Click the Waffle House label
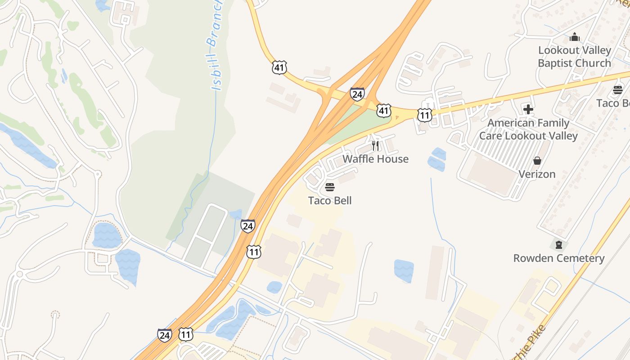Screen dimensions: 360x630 click(375, 159)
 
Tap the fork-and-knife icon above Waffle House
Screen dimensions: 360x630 click(375, 145)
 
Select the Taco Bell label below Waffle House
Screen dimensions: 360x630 click(330, 200)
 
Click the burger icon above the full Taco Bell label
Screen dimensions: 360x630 click(330, 187)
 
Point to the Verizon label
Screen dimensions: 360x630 click(537, 174)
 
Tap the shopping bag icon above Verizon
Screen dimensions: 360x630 click(537, 161)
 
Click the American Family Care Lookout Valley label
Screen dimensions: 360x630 click(528, 129)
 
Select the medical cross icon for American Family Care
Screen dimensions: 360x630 click(528, 109)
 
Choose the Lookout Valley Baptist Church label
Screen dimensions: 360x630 click(575, 57)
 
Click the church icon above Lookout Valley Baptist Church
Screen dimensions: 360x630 click(575, 37)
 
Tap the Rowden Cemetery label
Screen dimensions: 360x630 click(559, 258)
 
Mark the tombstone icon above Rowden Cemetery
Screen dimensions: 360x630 click(559, 245)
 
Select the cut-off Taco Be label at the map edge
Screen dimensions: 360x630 click(613, 103)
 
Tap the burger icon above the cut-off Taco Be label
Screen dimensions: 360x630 click(618, 90)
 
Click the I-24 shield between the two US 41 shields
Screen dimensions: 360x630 click(357, 94)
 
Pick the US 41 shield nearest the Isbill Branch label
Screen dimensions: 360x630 click(279, 67)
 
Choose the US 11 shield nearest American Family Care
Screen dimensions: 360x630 click(424, 115)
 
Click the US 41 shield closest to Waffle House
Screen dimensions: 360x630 click(383, 110)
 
